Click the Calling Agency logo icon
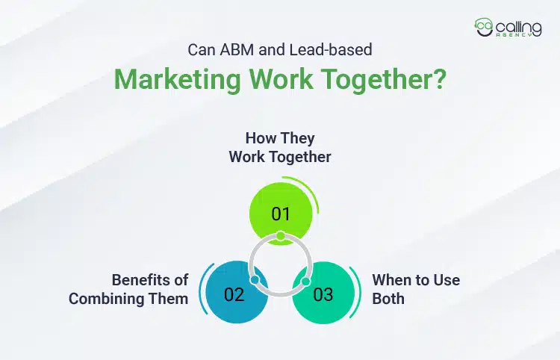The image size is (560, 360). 484,27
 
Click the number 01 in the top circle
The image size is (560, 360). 280,214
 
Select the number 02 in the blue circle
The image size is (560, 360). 234,294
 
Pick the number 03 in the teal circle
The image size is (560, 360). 323,294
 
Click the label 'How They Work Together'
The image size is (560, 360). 280,148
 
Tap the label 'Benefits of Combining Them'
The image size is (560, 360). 128,289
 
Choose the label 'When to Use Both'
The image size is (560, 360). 416,289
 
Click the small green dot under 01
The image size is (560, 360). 280,236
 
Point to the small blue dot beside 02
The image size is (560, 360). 255,281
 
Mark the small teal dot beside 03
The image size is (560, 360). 305,281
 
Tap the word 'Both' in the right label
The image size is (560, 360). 388,298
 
